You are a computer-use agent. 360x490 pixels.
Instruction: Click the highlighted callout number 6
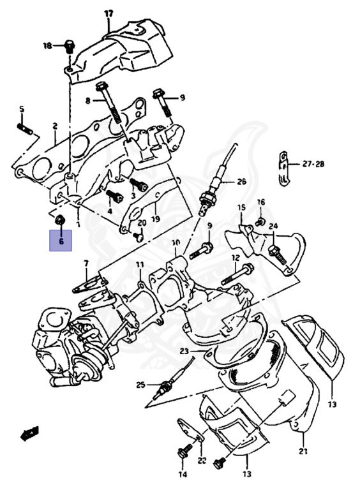coord(61,241)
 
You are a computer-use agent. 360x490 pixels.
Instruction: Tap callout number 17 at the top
coord(109,14)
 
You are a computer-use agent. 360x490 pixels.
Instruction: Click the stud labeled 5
coord(24,129)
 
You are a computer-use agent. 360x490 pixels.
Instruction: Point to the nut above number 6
coord(59,219)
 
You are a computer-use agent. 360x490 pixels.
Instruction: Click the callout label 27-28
coord(313,164)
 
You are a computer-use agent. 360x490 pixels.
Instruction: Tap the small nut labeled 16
coord(259,222)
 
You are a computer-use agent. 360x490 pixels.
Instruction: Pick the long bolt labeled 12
coord(237,275)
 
